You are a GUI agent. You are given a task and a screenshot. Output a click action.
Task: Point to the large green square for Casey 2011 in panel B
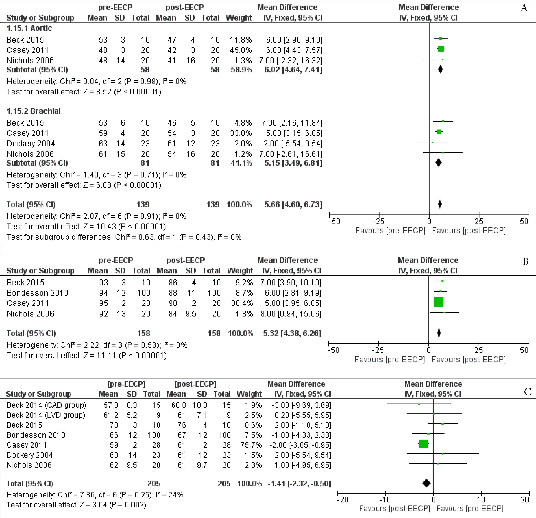coord(438,302)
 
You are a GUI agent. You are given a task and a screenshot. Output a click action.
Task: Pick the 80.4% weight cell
coord(242,303)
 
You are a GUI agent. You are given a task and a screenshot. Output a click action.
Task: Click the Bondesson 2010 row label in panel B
coord(37,293)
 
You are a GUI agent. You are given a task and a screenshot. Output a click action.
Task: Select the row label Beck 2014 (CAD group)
coord(46,405)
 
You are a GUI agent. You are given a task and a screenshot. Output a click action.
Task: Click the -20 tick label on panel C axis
coord(343,500)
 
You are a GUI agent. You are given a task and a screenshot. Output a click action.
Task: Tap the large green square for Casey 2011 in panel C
coord(423,444)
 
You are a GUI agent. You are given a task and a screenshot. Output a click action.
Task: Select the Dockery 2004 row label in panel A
coord(31,144)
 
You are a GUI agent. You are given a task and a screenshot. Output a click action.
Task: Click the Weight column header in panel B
coord(240,271)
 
